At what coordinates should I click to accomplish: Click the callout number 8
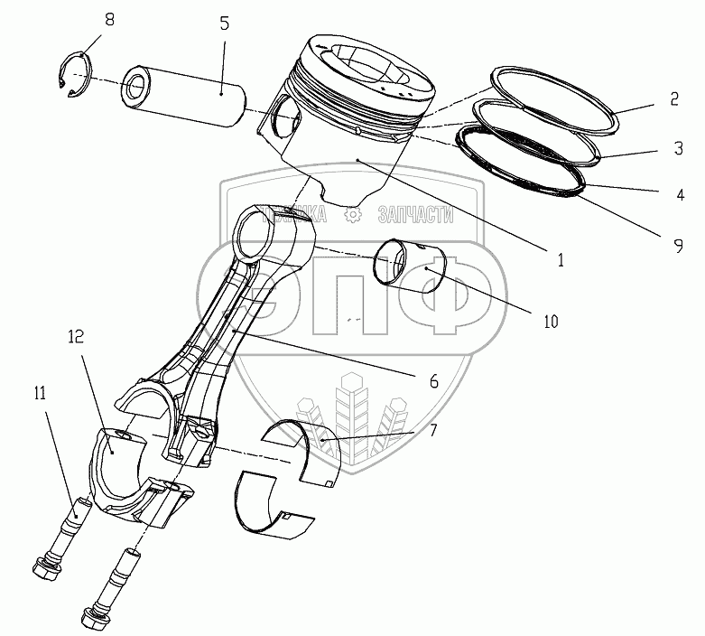(109, 19)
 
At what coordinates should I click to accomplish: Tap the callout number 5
(224, 24)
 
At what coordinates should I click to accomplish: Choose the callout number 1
(561, 259)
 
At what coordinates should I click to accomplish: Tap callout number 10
(550, 320)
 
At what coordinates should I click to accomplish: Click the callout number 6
(433, 381)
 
